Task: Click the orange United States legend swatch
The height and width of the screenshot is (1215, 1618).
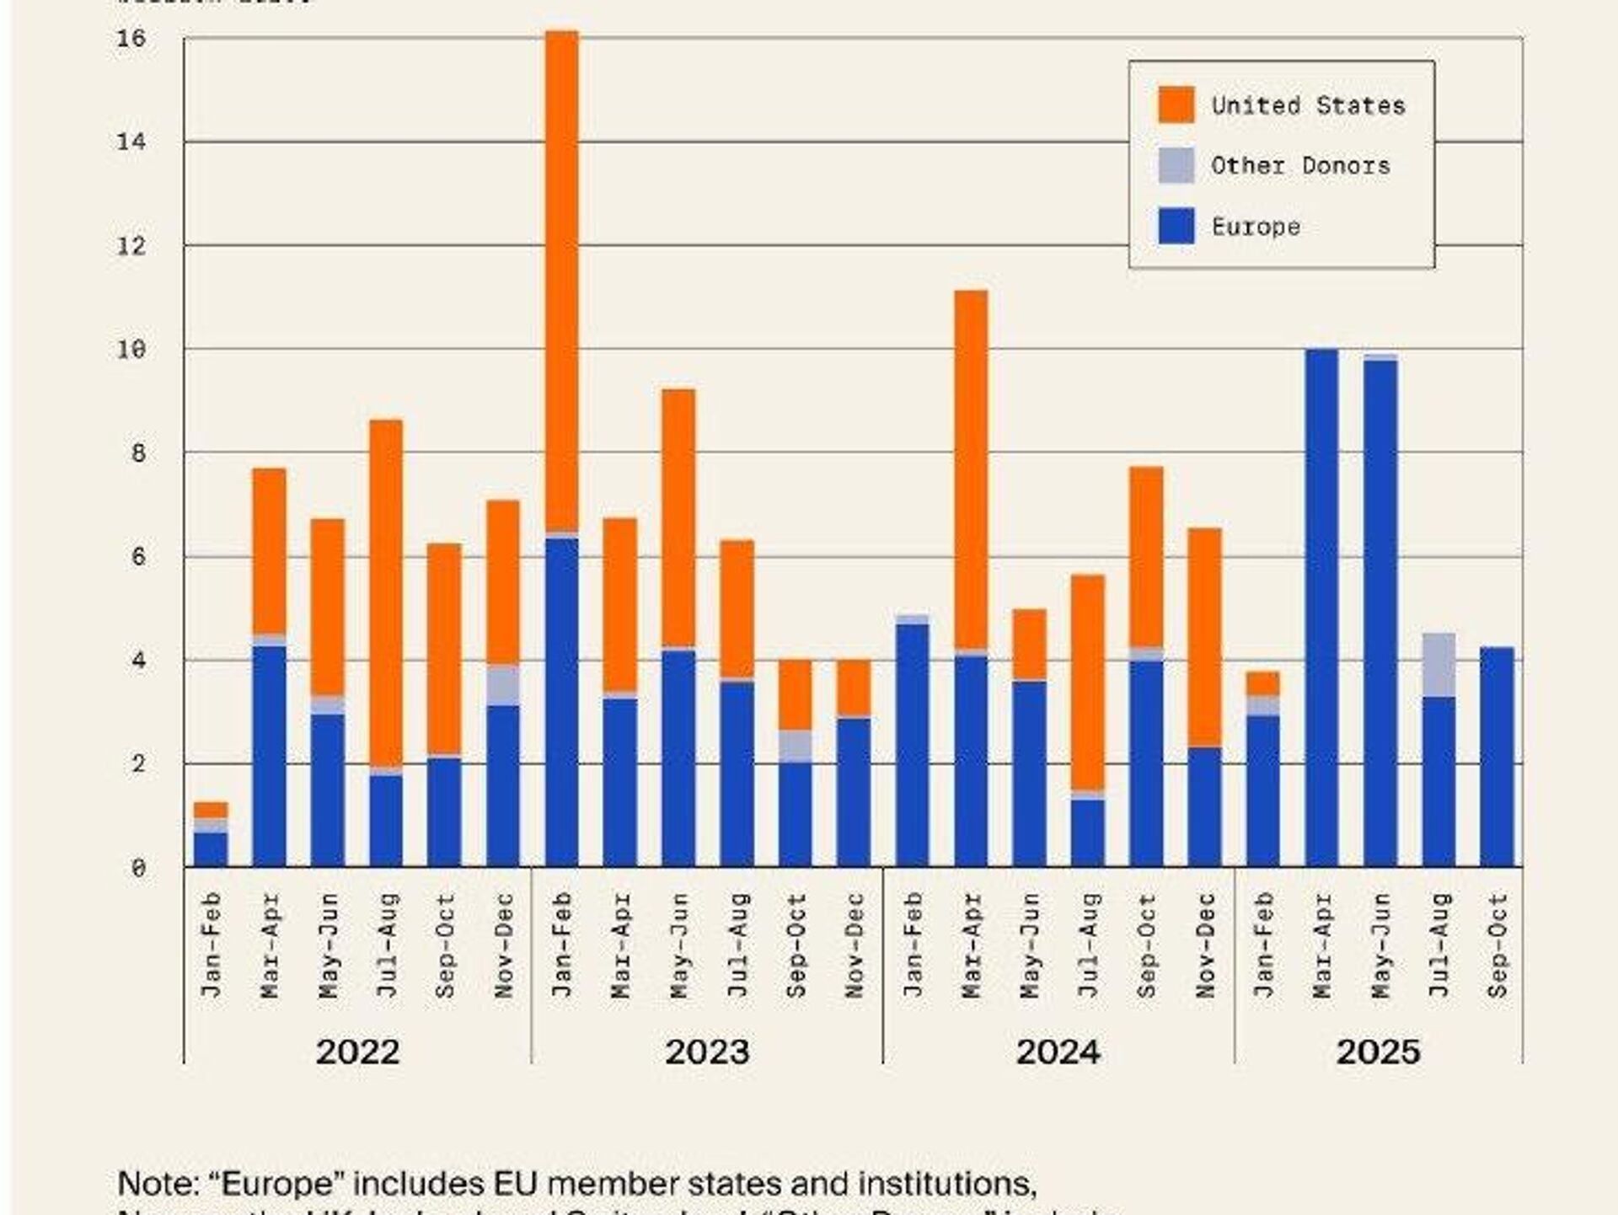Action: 1176,105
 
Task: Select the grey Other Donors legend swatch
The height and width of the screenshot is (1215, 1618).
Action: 1176,165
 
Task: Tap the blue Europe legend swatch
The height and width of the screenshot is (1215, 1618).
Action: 1176,226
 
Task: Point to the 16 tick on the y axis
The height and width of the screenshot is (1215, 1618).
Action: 131,39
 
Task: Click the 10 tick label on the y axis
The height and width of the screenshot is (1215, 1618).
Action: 131,349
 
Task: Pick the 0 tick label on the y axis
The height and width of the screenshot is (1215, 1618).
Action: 138,868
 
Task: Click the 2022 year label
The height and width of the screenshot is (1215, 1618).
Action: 357,1052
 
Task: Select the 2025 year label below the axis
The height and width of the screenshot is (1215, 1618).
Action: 1378,1052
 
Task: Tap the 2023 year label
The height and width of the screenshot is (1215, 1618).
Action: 707,1052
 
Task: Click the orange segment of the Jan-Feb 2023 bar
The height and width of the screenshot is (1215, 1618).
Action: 562,278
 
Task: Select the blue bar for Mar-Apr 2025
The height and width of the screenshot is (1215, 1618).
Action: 1321,607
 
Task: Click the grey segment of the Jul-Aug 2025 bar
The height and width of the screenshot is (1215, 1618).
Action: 1439,664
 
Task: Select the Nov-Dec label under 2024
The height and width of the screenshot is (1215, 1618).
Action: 1205,945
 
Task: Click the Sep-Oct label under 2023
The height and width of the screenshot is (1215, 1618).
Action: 796,945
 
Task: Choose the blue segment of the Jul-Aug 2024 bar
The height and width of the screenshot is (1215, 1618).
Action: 1088,832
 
